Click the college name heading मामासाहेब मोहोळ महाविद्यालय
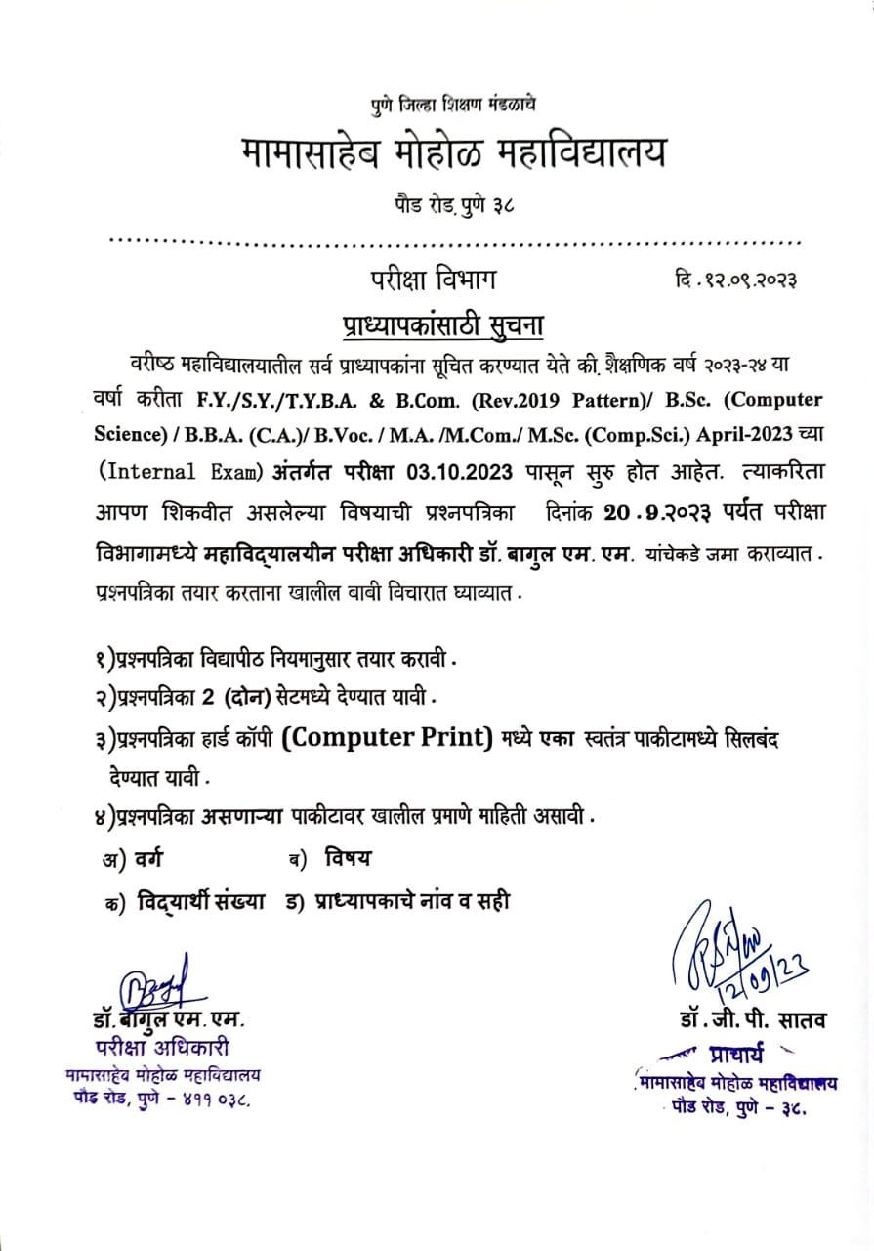point(453,152)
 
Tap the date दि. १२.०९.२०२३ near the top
point(735,280)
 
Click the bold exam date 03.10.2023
point(455,472)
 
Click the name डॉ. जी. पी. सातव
point(753,1020)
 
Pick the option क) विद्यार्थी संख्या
point(185,903)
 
